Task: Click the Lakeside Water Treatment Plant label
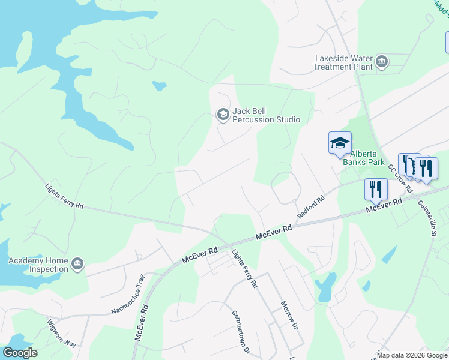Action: pos(343,62)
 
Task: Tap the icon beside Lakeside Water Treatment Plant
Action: pos(381,61)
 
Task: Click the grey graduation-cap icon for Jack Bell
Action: pos(223,115)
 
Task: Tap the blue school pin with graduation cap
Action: pos(340,143)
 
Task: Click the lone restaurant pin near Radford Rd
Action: pos(376,189)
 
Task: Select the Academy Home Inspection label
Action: pos(38,265)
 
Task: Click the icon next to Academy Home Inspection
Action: pos(77,264)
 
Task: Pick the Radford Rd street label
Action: pos(310,206)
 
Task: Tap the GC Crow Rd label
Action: pos(400,178)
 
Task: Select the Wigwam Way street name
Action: pos(62,333)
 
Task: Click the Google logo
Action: pos(20,353)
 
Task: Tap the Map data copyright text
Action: pos(412,355)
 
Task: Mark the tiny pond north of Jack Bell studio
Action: pos(159,85)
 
